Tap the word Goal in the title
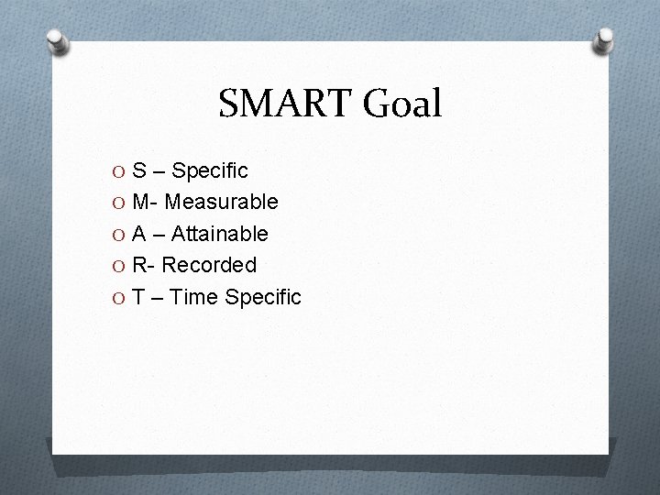403,104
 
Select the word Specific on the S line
210,170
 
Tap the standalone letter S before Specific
138,170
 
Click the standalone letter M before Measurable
140,202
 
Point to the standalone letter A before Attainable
139,234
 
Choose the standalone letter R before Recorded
139,265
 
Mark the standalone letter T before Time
138,297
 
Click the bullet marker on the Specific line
119,171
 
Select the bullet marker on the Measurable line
119,203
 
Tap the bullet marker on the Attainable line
119,235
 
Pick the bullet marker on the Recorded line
119,266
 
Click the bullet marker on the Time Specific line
119,298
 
